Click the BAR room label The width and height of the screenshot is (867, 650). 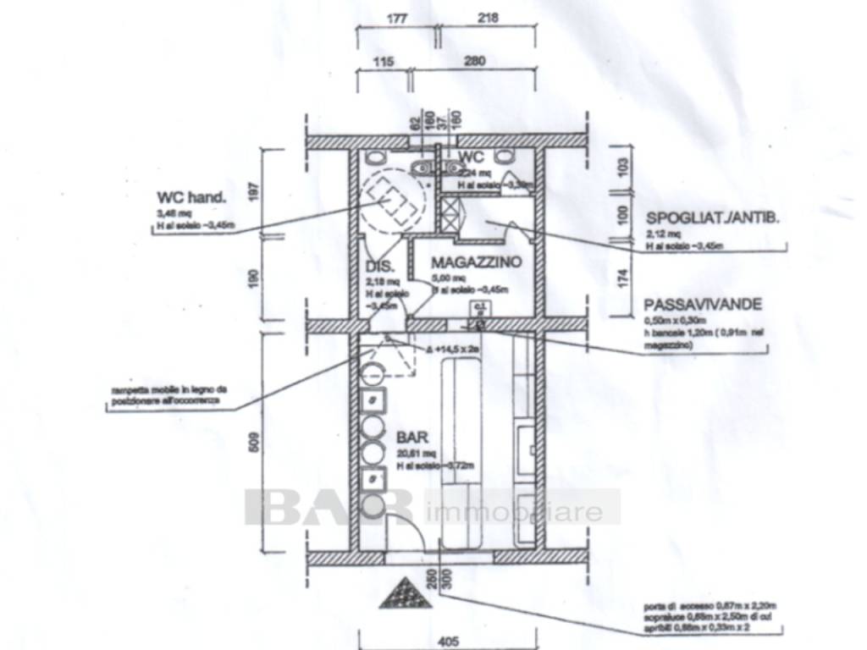(x=412, y=438)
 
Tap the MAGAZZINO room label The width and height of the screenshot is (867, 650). (x=476, y=262)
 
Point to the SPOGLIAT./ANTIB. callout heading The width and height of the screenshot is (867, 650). (x=712, y=217)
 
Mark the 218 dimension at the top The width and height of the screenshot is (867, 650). (x=488, y=17)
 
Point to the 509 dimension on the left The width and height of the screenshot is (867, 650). (x=254, y=442)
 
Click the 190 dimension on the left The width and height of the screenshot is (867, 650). (x=254, y=278)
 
